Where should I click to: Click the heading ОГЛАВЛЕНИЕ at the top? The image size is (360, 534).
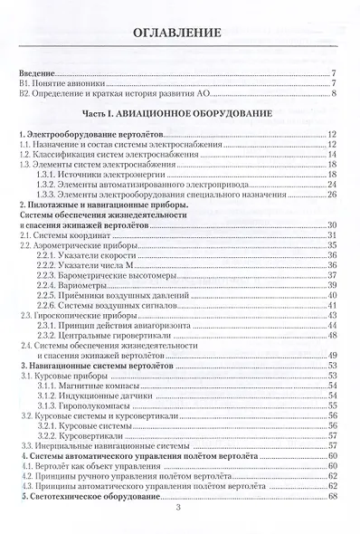(x=178, y=34)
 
